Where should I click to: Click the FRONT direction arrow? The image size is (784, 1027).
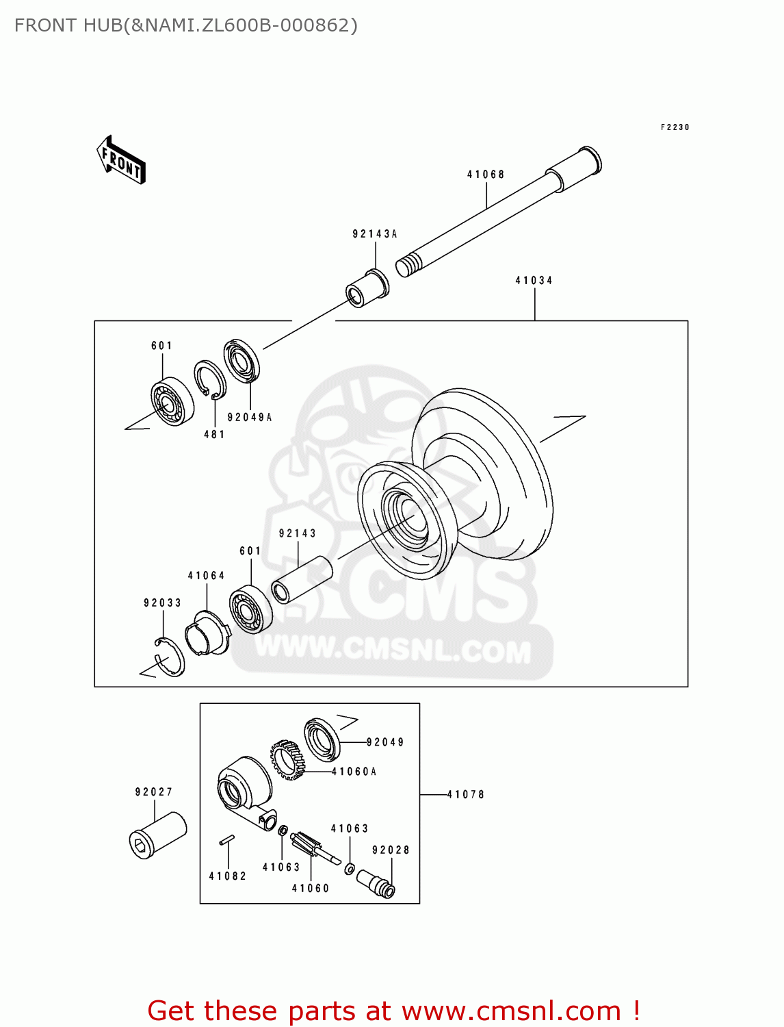click(x=121, y=160)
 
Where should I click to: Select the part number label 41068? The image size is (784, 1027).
click(x=486, y=175)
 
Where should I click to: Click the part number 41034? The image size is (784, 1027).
click(x=534, y=281)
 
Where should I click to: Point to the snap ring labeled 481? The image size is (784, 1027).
click(x=209, y=379)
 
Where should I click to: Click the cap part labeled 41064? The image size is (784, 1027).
click(x=207, y=633)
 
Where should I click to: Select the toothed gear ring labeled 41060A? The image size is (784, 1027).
click(x=287, y=760)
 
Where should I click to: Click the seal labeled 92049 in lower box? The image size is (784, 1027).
click(x=322, y=739)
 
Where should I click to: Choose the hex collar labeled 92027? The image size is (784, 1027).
click(x=158, y=835)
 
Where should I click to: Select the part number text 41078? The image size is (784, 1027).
click(x=466, y=795)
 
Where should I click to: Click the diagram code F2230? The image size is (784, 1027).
click(x=675, y=127)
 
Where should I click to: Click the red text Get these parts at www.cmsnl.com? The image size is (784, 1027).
click(x=393, y=1011)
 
